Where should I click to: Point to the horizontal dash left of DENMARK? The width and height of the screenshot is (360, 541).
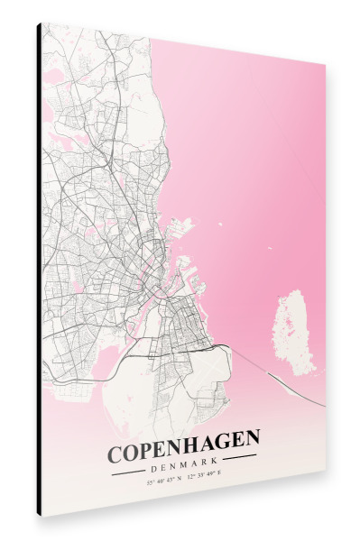pyautogui.click(x=126, y=469)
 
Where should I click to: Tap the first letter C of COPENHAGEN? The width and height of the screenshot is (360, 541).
pyautogui.click(x=116, y=453)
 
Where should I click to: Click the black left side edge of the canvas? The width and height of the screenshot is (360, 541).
pyautogui.click(x=39, y=270)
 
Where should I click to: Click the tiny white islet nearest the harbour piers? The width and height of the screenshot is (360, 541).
pyautogui.click(x=222, y=222)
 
